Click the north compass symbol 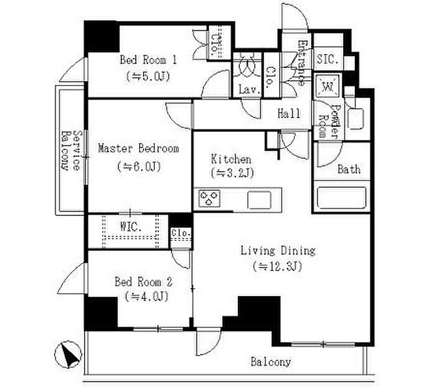68,355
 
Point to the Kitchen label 231,159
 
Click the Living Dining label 278,251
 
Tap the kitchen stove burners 209,198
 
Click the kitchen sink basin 259,200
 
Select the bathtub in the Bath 342,198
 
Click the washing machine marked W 327,86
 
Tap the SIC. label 327,59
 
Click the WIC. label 131,227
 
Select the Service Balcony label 70,150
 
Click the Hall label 289,113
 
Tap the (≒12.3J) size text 277,266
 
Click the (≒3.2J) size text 232,173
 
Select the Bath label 349,169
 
